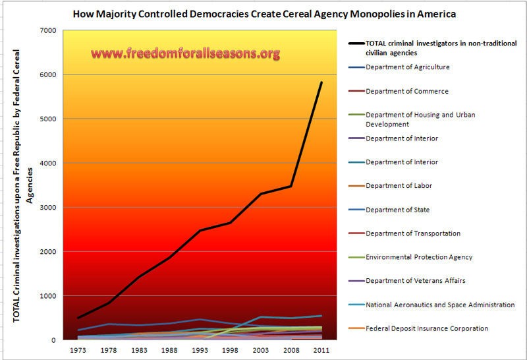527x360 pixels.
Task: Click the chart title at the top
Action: click(263, 13)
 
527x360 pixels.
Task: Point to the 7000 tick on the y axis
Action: click(47, 30)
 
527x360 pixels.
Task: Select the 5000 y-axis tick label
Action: click(47, 119)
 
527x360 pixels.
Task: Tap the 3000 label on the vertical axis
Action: click(47, 207)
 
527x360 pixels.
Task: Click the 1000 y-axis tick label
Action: click(47, 296)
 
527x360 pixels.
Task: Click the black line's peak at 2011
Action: click(321, 82)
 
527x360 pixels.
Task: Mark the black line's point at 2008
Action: click(291, 186)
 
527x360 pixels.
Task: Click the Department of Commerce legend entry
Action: click(406, 91)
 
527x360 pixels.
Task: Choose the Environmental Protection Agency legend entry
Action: click(419, 257)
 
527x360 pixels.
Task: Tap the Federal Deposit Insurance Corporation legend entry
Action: click(426, 328)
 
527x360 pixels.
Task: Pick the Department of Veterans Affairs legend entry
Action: click(415, 281)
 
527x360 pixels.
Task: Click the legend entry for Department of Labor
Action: click(399, 186)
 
